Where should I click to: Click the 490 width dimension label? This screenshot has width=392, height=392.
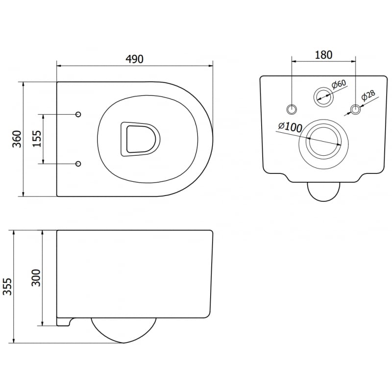(x=135, y=59)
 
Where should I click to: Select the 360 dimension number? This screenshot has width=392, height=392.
(x=16, y=139)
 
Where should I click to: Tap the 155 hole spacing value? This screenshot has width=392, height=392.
(x=36, y=139)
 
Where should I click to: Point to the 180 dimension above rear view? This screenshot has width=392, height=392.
(x=323, y=54)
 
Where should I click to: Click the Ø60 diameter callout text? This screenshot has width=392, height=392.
(x=339, y=85)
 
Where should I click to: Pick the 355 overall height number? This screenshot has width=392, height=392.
(x=7, y=286)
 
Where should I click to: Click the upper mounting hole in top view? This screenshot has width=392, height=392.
(x=78, y=114)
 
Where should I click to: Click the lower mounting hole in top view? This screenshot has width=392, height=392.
(x=78, y=163)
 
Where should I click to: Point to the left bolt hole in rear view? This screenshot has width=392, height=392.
(x=292, y=108)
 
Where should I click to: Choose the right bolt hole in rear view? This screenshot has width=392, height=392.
(x=355, y=108)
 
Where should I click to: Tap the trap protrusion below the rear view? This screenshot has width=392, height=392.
(x=323, y=191)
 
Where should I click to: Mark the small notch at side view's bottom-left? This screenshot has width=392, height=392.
(x=64, y=321)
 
